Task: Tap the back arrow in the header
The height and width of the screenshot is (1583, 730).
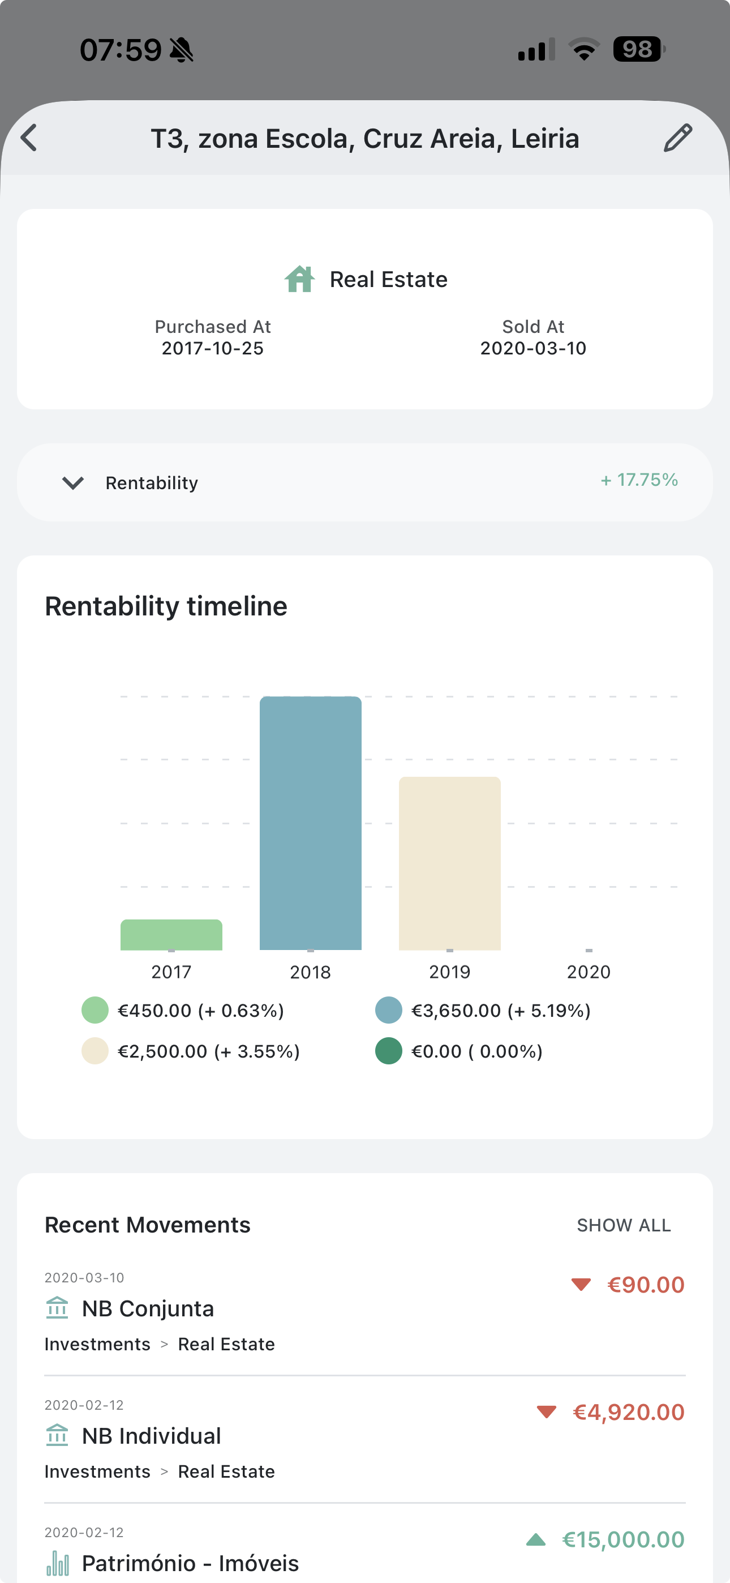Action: click(x=29, y=138)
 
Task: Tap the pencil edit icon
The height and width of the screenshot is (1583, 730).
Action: click(x=678, y=138)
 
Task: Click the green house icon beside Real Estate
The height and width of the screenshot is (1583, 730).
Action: click(x=300, y=280)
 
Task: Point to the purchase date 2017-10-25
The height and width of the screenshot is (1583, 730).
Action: click(x=213, y=348)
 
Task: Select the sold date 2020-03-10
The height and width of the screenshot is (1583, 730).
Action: click(x=533, y=348)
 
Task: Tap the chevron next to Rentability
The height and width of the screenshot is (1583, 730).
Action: click(x=73, y=483)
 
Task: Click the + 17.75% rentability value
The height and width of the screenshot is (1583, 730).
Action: click(x=639, y=480)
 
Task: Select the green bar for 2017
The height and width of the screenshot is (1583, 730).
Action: click(x=171, y=935)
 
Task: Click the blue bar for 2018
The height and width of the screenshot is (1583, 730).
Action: click(x=310, y=823)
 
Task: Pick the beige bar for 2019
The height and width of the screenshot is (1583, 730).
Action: click(x=450, y=863)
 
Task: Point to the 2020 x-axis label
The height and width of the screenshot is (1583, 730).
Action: click(x=589, y=972)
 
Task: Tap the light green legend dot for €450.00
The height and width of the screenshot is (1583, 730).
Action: click(x=95, y=1010)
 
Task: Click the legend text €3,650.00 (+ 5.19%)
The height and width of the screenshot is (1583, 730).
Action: click(x=501, y=1011)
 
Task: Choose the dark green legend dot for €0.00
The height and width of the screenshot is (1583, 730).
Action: click(x=388, y=1051)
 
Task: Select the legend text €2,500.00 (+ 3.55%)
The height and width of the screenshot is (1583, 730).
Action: click(x=209, y=1051)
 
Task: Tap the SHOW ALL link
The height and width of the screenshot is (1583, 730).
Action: click(x=624, y=1225)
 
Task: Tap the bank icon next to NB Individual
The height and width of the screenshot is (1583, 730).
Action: click(x=57, y=1436)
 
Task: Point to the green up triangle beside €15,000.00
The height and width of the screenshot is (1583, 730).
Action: click(x=536, y=1539)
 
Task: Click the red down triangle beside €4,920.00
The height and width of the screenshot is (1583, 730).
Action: click(x=546, y=1411)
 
